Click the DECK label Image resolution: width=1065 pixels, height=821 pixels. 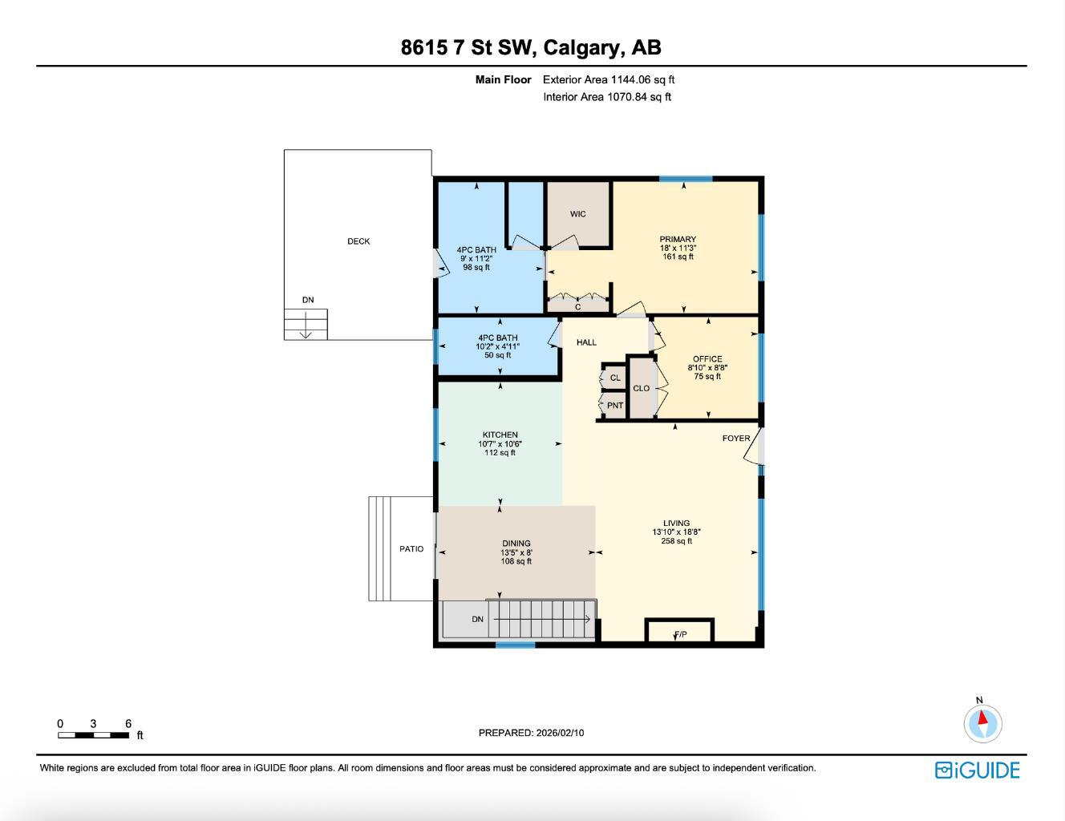(x=358, y=241)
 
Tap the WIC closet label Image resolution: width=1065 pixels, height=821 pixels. (x=577, y=214)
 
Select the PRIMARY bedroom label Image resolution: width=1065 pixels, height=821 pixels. (x=678, y=239)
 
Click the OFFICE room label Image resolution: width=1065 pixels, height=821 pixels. (x=707, y=359)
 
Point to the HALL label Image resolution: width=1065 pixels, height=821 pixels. (x=586, y=342)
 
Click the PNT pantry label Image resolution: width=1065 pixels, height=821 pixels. (x=615, y=406)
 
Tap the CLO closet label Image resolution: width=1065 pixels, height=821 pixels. (x=642, y=388)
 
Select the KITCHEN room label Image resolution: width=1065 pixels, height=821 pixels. (x=500, y=435)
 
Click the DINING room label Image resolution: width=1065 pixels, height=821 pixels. (x=516, y=544)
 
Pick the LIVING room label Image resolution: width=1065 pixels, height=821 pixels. (x=676, y=523)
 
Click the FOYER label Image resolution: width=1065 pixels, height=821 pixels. (x=736, y=439)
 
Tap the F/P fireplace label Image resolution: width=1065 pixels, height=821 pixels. (x=680, y=635)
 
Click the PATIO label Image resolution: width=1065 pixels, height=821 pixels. (x=411, y=549)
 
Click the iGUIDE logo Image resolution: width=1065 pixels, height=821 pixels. (x=977, y=770)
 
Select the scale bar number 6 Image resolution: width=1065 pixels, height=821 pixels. (x=128, y=724)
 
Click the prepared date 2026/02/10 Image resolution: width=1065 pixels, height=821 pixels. (x=560, y=733)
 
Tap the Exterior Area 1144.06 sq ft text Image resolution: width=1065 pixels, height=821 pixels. (x=609, y=79)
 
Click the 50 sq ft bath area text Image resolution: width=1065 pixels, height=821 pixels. (x=497, y=355)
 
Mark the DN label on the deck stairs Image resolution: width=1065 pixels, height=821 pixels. (x=308, y=300)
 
